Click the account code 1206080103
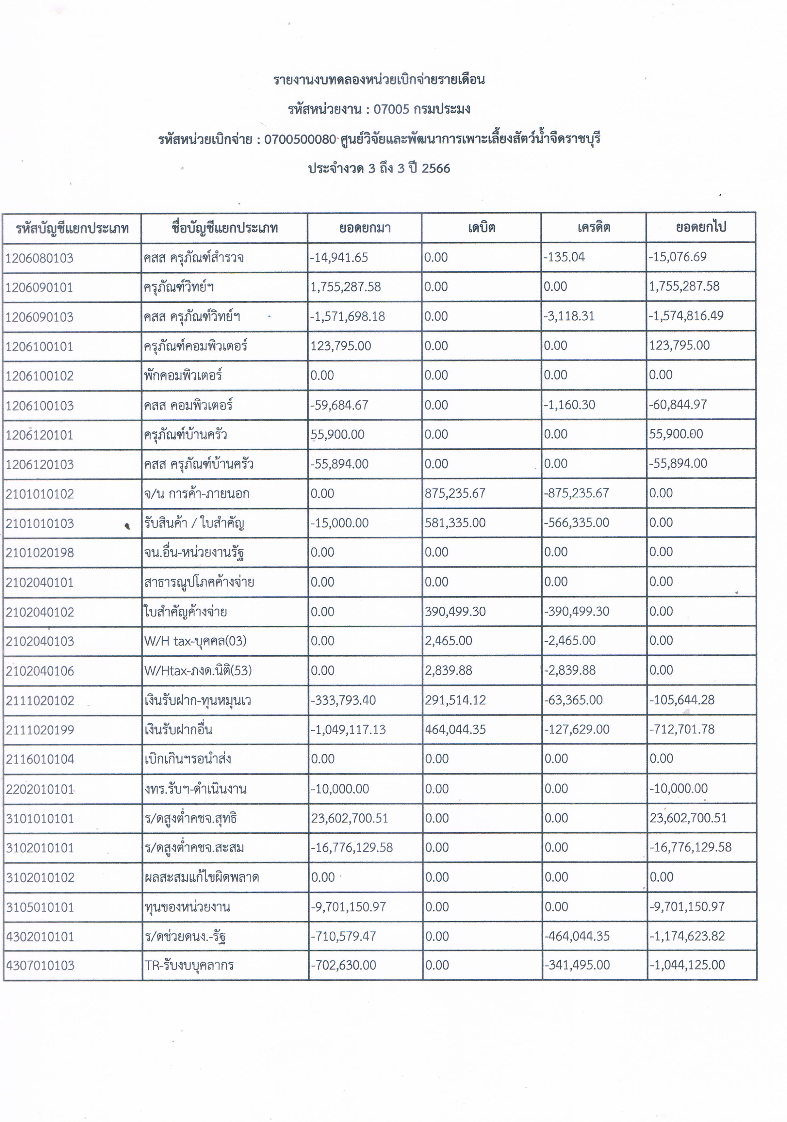pyautogui.click(x=39, y=258)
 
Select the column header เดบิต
pyautogui.click(x=481, y=228)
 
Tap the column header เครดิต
pyautogui.click(x=593, y=228)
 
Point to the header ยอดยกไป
pyautogui.click(x=700, y=227)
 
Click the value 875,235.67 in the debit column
pyautogui.click(x=455, y=493)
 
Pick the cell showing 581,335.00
pyautogui.click(x=455, y=523)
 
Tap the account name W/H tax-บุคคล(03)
pyautogui.click(x=195, y=641)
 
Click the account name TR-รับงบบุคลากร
pyautogui.click(x=189, y=965)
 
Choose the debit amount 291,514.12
pyautogui.click(x=455, y=700)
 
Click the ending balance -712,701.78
pyautogui.click(x=682, y=729)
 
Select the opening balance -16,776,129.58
pyautogui.click(x=352, y=847)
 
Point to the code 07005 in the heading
pyautogui.click(x=391, y=109)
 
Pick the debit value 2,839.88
pyautogui.click(x=448, y=670)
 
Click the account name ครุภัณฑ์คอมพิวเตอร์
pyautogui.click(x=196, y=346)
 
